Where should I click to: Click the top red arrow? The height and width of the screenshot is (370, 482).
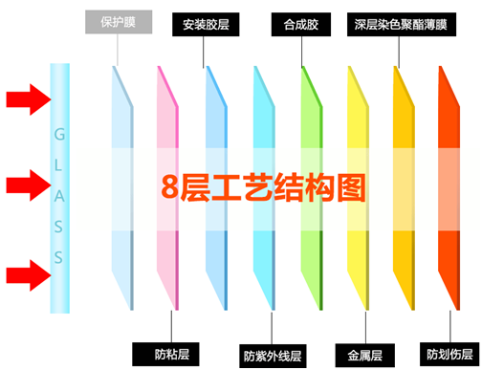point(26,97)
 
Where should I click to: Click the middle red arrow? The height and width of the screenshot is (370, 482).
point(26,184)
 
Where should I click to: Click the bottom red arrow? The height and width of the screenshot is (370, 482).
point(26,276)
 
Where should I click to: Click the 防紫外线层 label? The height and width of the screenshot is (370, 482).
point(272,356)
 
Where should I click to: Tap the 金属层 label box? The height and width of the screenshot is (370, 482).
point(360,353)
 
